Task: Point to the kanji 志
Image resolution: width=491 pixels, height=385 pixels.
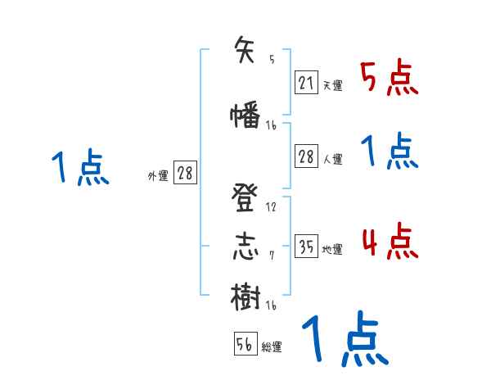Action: pyautogui.click(x=246, y=247)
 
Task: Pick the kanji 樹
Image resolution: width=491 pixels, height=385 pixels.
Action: pyautogui.click(x=246, y=296)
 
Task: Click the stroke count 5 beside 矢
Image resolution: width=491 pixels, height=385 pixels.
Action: pyautogui.click(x=272, y=59)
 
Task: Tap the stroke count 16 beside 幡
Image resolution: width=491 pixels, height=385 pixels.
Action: pyautogui.click(x=272, y=125)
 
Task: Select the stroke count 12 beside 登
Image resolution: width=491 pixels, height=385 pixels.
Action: pyautogui.click(x=272, y=206)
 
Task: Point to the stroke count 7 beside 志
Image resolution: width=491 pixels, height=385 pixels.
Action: pyautogui.click(x=272, y=256)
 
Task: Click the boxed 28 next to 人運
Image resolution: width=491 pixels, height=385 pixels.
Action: pyautogui.click(x=306, y=156)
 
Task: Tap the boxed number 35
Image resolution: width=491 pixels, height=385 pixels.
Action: pyautogui.click(x=306, y=246)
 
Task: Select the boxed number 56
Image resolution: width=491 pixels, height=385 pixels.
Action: pyautogui.click(x=244, y=344)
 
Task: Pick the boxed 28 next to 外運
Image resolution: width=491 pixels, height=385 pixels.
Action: pyautogui.click(x=185, y=173)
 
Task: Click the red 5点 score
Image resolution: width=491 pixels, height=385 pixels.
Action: pyautogui.click(x=390, y=79)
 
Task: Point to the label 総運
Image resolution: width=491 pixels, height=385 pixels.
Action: pyautogui.click(x=272, y=347)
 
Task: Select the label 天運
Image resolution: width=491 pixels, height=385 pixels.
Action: pyautogui.click(x=332, y=85)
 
